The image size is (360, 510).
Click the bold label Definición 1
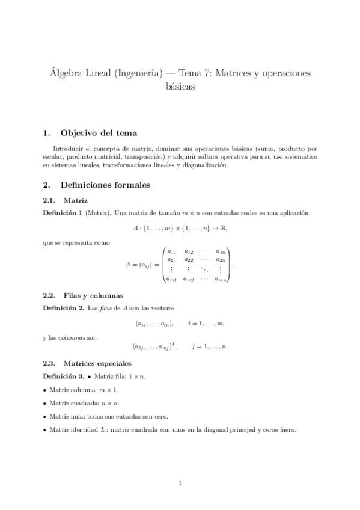point(63,213)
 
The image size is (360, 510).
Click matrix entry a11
point(171,251)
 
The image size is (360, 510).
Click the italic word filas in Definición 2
point(105,308)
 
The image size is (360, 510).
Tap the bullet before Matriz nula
point(45,416)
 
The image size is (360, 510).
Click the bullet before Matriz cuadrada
point(45,403)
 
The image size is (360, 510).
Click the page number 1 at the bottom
point(180,482)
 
